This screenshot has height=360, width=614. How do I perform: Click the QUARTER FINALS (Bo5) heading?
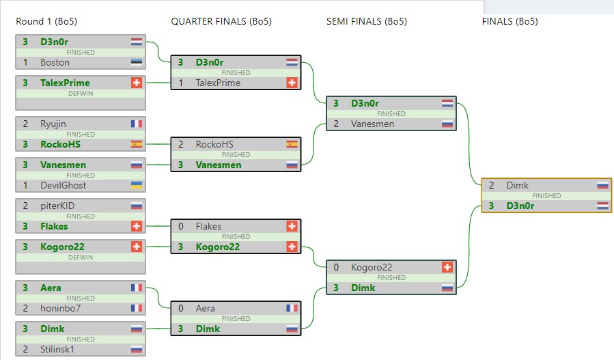[221, 21]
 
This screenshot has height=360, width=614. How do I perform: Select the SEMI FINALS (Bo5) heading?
[367, 21]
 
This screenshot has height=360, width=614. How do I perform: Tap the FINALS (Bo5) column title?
[510, 21]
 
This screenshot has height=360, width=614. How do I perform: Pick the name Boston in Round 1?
[55, 62]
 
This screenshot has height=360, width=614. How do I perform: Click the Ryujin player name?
[54, 124]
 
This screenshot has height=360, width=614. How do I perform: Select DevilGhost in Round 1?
[61, 185]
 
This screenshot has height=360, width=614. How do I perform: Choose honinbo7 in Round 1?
[60, 308]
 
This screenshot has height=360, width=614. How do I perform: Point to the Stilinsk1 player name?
[57, 349]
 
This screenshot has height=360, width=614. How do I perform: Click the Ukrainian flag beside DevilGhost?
[137, 185]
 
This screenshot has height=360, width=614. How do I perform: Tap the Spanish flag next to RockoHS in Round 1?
[137, 144]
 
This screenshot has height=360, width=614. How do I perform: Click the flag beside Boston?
[137, 62]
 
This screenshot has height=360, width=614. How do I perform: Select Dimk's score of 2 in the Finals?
[492, 185]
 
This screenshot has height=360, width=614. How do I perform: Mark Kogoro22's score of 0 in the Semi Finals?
[336, 267]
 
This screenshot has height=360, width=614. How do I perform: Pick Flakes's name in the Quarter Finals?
[208, 226]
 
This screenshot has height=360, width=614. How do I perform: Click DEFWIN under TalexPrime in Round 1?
[81, 94]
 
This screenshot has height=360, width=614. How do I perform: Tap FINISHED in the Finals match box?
[546, 195]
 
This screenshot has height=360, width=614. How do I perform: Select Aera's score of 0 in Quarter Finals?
[180, 308]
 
